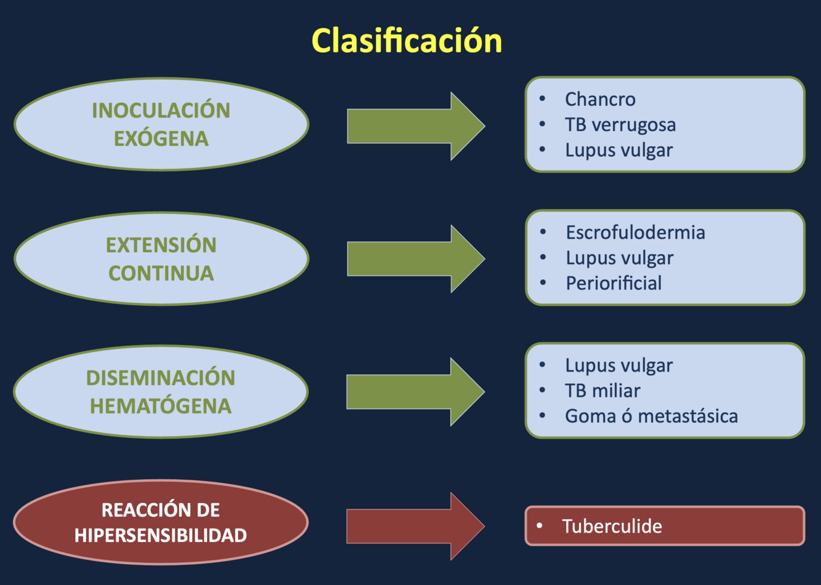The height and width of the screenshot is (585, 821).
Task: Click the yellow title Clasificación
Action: tap(407, 41)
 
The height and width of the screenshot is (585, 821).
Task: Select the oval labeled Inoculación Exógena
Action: tap(161, 124)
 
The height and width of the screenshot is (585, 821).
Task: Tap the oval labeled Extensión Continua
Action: tap(161, 258)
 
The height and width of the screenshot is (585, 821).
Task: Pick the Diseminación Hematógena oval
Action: tap(161, 391)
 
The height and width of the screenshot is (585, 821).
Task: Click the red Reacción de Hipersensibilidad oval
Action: tap(161, 522)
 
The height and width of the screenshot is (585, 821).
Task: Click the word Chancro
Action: tap(600, 99)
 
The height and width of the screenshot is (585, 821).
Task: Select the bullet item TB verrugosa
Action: tap(620, 125)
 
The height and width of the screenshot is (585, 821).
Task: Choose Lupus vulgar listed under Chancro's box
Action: tap(619, 150)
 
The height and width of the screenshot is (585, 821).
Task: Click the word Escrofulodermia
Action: tap(635, 233)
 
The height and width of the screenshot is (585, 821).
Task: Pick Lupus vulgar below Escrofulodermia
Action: tap(619, 258)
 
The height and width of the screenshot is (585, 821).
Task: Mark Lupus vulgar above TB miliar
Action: tap(619, 365)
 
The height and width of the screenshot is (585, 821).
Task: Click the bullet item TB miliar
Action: tap(603, 391)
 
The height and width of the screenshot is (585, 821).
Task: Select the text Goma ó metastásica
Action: tap(651, 416)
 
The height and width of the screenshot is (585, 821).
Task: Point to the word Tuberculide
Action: tap(612, 527)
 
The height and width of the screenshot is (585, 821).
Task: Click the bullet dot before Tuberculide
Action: tap(540, 526)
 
